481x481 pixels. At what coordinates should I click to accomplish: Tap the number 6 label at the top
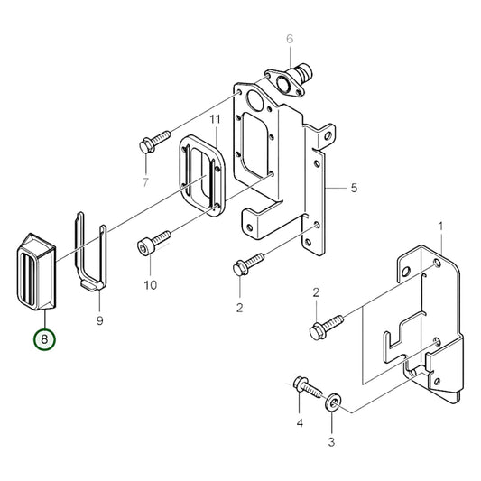290,39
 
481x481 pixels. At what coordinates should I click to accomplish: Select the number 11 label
215,119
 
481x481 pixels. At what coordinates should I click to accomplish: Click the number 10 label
150,285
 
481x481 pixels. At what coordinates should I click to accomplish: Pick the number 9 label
99,320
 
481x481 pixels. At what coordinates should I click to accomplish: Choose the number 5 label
355,188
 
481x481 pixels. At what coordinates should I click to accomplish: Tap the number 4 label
301,421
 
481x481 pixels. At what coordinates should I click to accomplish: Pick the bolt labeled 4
307,387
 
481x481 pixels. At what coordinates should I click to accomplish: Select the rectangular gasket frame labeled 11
200,171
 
